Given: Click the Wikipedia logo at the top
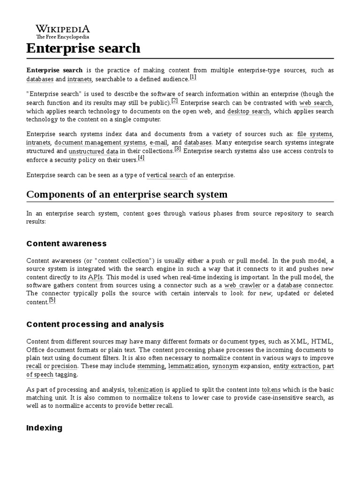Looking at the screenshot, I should (x=63, y=31).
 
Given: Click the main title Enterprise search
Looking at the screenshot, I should (x=83, y=48).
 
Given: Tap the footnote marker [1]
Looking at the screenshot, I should (x=193, y=77).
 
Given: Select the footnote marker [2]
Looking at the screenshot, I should (x=174, y=100).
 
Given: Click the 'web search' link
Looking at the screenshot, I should (x=316, y=103).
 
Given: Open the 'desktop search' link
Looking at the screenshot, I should (x=248, y=112).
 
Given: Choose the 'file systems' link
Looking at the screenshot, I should (x=315, y=134).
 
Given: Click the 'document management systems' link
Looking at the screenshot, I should (x=100, y=142).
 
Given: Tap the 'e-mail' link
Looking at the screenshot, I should (x=158, y=142).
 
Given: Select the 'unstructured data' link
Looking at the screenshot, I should (x=93, y=151).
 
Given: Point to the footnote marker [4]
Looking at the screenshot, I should (x=141, y=158).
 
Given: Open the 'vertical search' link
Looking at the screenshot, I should (x=167, y=175).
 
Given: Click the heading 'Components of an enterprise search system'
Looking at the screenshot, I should (x=127, y=195).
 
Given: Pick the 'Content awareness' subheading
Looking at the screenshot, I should (x=67, y=244).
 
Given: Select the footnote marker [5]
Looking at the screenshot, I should (x=52, y=300).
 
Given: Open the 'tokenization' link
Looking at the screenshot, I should (x=146, y=390).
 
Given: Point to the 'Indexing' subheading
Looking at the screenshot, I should (x=45, y=428).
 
